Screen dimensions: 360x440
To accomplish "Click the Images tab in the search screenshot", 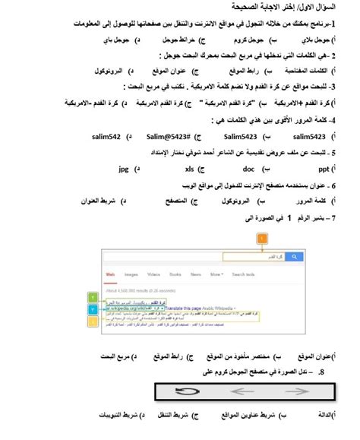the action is pos(129,273).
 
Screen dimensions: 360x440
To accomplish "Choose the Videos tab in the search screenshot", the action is pos(153,273).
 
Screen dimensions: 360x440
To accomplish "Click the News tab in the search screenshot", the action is pos(196,273).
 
